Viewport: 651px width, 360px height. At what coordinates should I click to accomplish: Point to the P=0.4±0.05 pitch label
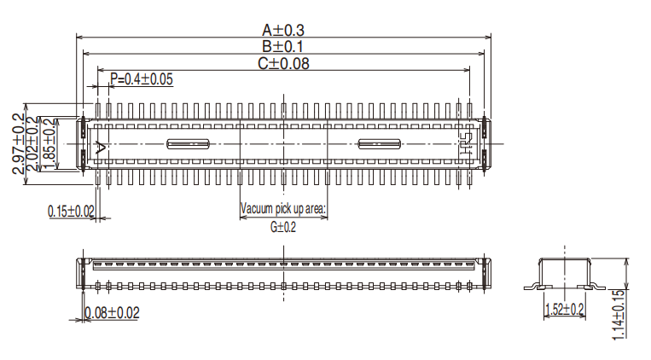142,79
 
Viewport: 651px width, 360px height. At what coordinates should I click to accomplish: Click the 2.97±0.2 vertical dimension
17,143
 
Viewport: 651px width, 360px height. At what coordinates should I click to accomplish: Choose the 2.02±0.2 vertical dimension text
32,143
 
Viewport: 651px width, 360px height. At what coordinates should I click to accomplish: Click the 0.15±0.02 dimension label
72,211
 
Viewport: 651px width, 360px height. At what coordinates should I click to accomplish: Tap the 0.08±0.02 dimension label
111,313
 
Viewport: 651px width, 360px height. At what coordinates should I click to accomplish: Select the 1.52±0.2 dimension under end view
564,309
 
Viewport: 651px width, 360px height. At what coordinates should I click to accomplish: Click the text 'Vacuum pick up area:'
282,209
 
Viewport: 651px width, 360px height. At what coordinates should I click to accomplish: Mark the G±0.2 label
282,227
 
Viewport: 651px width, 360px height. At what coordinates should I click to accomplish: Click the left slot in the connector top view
188,143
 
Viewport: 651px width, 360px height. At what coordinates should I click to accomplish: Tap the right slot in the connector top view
380,143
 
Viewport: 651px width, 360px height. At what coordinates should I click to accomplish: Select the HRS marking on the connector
466,143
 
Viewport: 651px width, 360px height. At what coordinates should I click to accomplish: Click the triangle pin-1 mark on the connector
102,147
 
